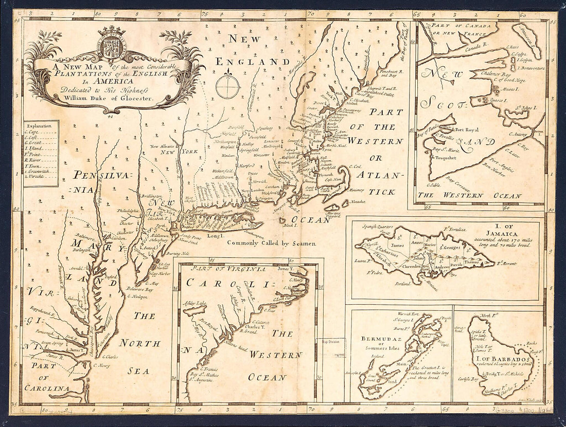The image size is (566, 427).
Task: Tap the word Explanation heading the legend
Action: pyautogui.click(x=41, y=125)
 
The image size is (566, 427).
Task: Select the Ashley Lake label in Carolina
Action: pyautogui.click(x=194, y=303)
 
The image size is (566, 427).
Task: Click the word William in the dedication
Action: pyautogui.click(x=74, y=98)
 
